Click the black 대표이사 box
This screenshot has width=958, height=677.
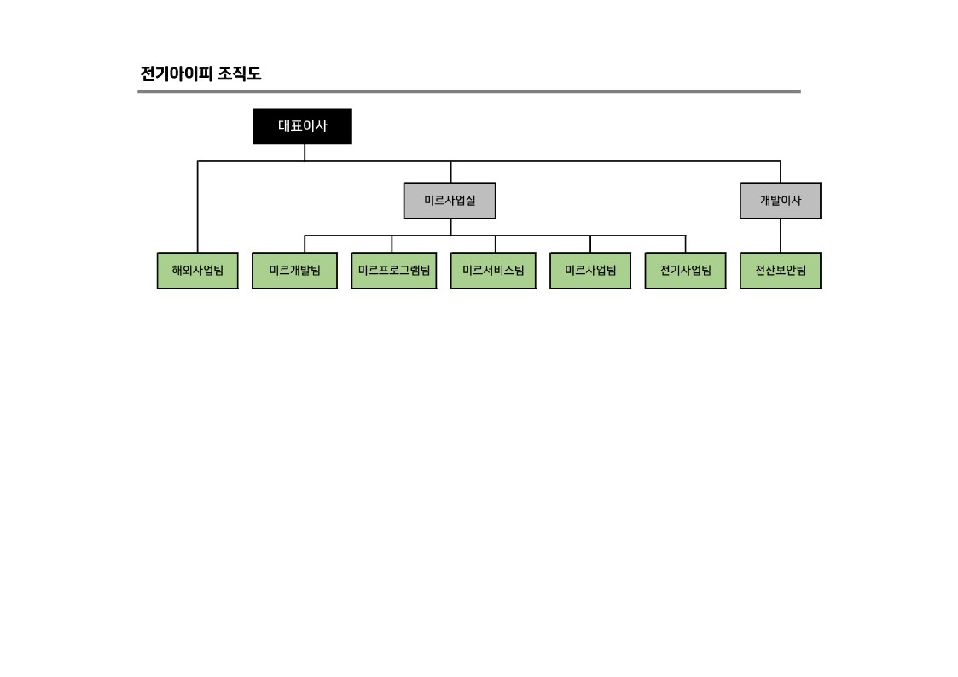click(x=302, y=126)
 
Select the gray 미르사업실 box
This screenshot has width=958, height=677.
click(x=450, y=201)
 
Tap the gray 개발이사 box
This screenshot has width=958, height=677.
click(x=780, y=201)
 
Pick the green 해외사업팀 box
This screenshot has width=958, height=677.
click(x=197, y=271)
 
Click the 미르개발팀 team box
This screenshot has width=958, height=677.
click(x=294, y=271)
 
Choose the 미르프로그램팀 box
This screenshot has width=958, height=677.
click(x=393, y=271)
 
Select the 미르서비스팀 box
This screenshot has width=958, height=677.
click(x=493, y=271)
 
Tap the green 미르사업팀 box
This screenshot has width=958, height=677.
click(x=590, y=271)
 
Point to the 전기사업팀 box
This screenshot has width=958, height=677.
click(x=685, y=271)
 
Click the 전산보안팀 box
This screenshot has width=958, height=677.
click(x=780, y=271)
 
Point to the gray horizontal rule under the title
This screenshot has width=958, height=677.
click(x=469, y=91)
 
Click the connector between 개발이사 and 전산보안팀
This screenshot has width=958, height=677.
click(x=780, y=236)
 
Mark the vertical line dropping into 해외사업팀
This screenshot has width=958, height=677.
click(x=198, y=209)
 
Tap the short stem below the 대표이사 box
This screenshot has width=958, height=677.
click(x=305, y=153)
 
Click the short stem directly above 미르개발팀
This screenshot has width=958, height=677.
click(x=305, y=244)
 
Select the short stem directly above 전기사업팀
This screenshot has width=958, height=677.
click(x=685, y=244)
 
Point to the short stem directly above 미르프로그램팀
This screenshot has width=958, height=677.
click(x=392, y=244)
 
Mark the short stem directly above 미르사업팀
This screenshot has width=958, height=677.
click(x=590, y=244)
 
